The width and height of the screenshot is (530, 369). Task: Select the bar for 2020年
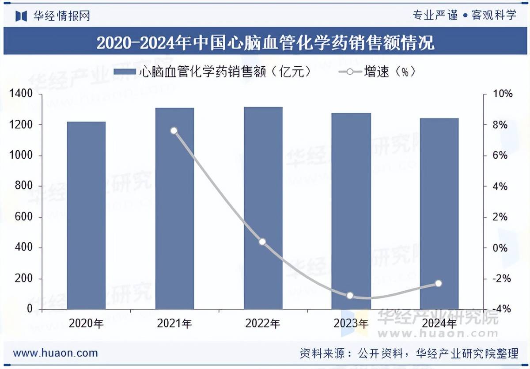tap(86, 216)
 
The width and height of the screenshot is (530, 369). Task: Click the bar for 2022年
tap(263, 208)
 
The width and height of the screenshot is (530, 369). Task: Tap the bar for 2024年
tap(439, 214)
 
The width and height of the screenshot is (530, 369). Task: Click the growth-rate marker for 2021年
tap(174, 131)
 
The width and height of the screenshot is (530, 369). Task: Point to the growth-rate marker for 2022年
tap(262, 242)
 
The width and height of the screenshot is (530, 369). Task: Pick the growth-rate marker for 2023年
tap(350, 295)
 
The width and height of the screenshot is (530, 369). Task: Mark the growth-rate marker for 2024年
tap(439, 283)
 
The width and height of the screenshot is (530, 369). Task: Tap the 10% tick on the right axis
tap(503, 94)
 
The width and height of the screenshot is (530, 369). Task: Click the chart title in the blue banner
tap(265, 43)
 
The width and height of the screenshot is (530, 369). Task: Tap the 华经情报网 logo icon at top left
tap(21, 16)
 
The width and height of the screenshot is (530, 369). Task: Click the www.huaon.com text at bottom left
tap(55, 353)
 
